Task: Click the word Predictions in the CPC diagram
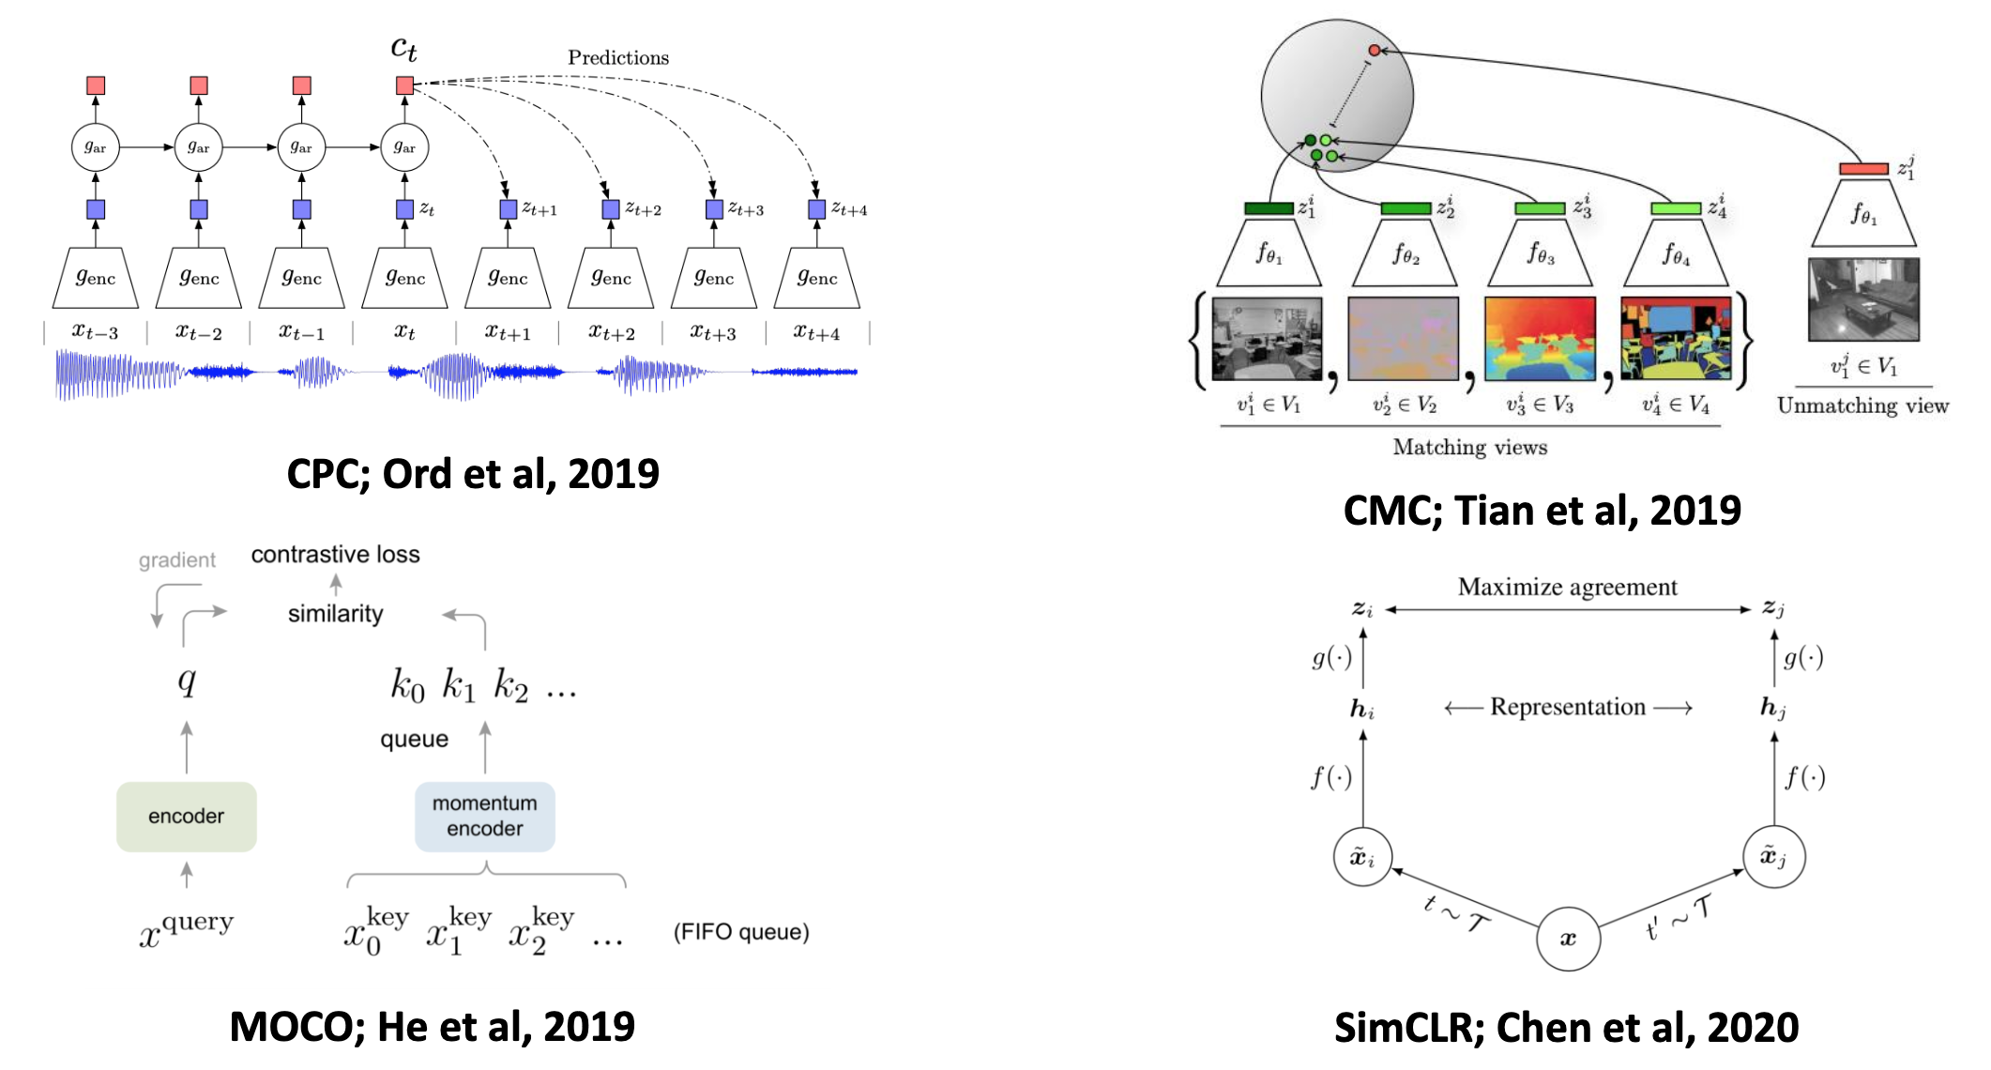pyautogui.click(x=618, y=57)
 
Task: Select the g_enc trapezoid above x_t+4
pyautogui.click(x=816, y=278)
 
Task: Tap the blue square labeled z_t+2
pyautogui.click(x=611, y=209)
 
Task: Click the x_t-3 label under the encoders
pyautogui.click(x=95, y=332)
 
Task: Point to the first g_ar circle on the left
pyautogui.click(x=95, y=147)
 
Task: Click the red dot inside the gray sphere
pyautogui.click(x=1374, y=50)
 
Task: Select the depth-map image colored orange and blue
pyautogui.click(x=1539, y=339)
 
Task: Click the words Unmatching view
pyautogui.click(x=1862, y=405)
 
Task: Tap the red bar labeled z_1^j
pyautogui.click(x=1863, y=169)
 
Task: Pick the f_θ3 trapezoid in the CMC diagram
pyautogui.click(x=1540, y=253)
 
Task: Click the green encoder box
pyautogui.click(x=186, y=817)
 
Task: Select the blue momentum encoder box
pyautogui.click(x=484, y=817)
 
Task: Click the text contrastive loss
pyautogui.click(x=335, y=555)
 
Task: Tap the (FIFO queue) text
pyautogui.click(x=741, y=932)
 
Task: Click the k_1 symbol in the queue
pyautogui.click(x=459, y=685)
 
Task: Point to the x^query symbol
pyautogui.click(x=186, y=929)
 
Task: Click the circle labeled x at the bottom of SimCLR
pyautogui.click(x=1568, y=938)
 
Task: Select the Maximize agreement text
pyautogui.click(x=1567, y=587)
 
